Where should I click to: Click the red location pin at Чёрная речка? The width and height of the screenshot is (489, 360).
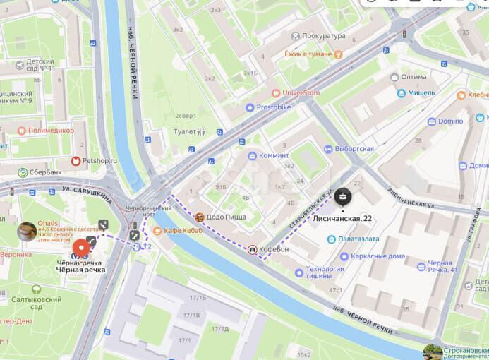[x=82, y=248]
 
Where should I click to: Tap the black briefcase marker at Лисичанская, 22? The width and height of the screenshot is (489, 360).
[x=342, y=197]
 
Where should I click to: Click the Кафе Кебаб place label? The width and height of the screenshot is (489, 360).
[x=183, y=231]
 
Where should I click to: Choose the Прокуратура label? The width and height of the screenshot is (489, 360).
[x=323, y=36]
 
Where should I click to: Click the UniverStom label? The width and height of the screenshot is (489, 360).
[x=301, y=92]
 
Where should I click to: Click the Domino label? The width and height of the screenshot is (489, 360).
[x=450, y=121]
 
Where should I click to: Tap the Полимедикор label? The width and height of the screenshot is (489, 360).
[x=52, y=131]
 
